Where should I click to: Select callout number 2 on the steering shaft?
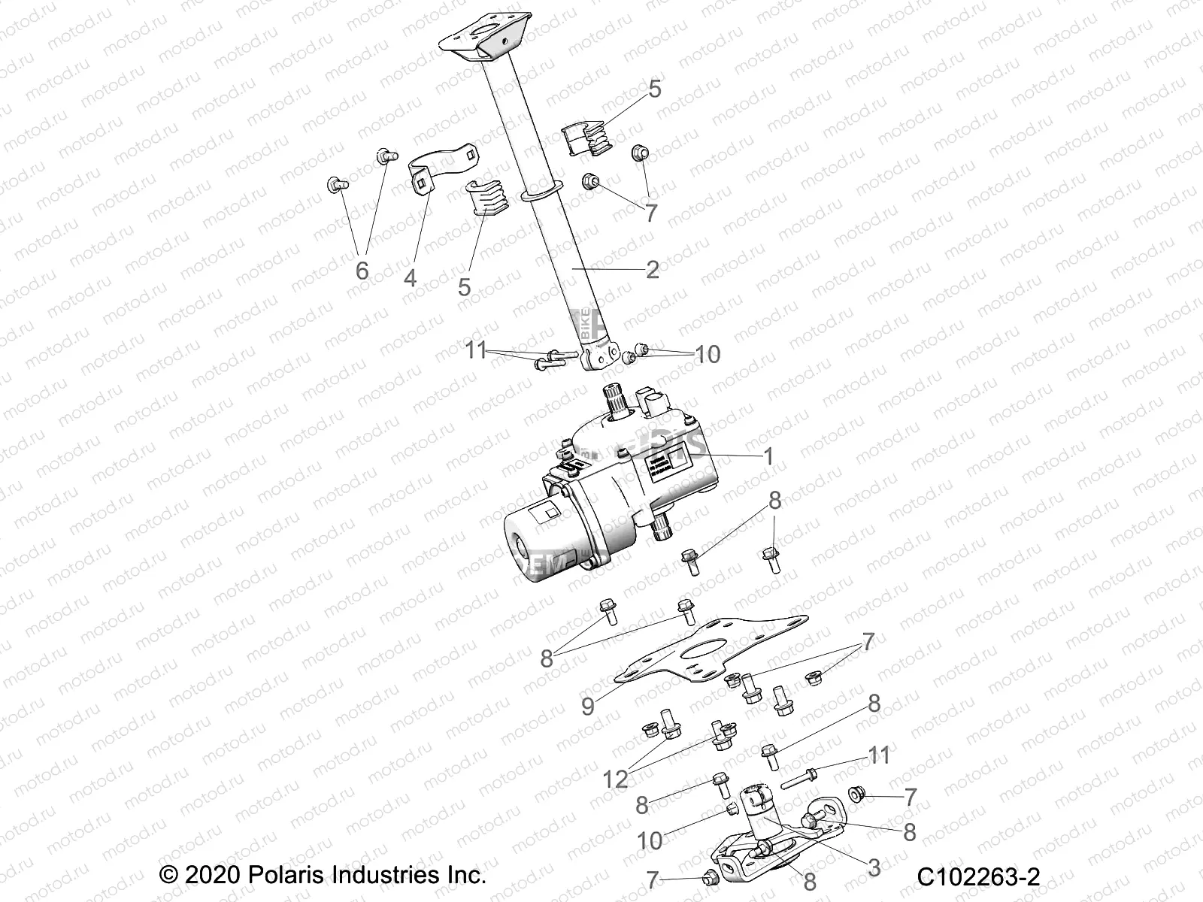tap(652, 269)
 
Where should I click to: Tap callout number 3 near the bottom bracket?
tap(873, 867)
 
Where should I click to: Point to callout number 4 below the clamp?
tap(410, 278)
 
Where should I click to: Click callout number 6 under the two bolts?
tap(362, 270)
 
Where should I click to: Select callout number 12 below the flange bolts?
tap(616, 779)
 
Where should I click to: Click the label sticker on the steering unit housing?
tap(668, 475)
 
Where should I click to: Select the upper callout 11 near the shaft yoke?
tap(475, 351)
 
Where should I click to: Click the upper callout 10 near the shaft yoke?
tap(708, 353)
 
